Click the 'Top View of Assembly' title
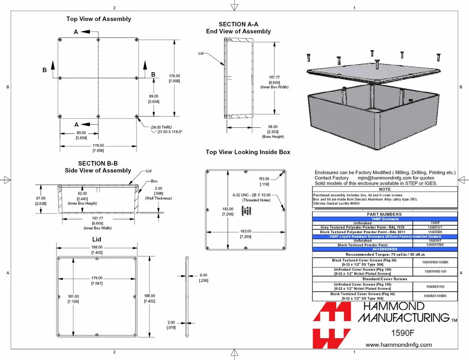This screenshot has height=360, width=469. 99,19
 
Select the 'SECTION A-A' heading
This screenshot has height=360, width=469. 238,24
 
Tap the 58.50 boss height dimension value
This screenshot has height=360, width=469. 273,127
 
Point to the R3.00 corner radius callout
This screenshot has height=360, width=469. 264,179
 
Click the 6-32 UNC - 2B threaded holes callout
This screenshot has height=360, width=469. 251,195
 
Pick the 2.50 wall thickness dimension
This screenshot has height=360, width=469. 158,188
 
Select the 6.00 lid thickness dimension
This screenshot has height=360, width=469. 204,275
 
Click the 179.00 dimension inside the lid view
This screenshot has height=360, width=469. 97,278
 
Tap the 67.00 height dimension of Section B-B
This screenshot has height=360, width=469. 41,198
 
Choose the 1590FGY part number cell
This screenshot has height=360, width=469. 435,228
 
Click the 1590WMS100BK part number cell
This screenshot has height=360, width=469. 435,262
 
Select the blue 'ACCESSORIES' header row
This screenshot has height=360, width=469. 384,249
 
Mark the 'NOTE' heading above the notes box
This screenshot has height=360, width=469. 384,189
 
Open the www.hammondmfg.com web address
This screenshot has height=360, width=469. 399,345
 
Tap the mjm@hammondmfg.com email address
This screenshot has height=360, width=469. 384,178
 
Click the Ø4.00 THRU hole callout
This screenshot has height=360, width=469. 161,127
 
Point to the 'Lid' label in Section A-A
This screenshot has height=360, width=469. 201,53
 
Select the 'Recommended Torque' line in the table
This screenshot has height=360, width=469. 384,255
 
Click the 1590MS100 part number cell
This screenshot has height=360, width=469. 435,287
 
